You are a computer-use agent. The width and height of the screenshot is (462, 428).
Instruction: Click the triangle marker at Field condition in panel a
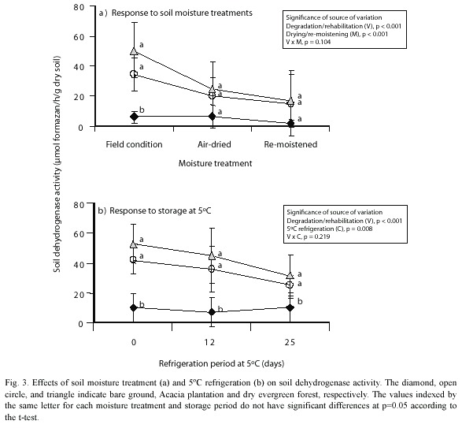pos(134,51)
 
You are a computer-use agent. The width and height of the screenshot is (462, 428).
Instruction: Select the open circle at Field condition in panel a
pos(134,74)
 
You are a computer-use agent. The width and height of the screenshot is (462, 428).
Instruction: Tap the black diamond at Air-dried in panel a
pos(213,117)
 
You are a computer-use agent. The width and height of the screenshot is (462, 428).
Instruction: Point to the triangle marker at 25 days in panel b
pos(290,275)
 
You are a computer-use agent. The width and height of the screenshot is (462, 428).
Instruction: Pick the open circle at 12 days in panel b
pos(212,269)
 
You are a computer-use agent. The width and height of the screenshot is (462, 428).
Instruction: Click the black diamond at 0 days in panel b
pos(134,307)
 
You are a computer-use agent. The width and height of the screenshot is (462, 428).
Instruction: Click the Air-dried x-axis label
pos(214,144)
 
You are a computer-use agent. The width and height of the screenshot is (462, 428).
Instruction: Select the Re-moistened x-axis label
pos(290,144)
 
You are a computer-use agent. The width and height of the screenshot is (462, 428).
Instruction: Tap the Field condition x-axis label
pos(134,144)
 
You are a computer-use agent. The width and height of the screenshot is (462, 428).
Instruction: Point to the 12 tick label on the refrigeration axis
pos(209,342)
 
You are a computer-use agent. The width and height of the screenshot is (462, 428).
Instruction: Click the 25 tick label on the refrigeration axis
pos(290,342)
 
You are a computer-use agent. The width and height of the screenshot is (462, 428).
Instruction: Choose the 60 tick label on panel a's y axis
pos(79,37)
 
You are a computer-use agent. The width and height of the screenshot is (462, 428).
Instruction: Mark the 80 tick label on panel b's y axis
pos(79,205)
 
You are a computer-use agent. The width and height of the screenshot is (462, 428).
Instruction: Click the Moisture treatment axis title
pos(215,163)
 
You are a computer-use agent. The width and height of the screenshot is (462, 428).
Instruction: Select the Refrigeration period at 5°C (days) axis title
pos(221,363)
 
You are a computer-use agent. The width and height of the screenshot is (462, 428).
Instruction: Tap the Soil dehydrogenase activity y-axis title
pos(57,164)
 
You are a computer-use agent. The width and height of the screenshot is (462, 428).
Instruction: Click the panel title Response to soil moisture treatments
pos(182,13)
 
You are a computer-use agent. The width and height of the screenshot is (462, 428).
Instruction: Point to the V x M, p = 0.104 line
pos(309,42)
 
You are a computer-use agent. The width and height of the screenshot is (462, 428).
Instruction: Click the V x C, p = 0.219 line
pos(309,236)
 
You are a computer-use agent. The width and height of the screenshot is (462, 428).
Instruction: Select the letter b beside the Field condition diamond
pos(142,110)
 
